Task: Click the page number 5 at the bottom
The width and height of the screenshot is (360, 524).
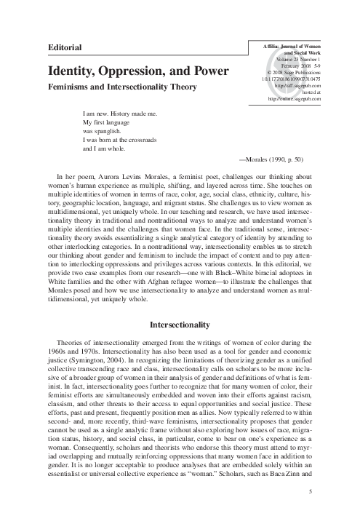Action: click(311, 492)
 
